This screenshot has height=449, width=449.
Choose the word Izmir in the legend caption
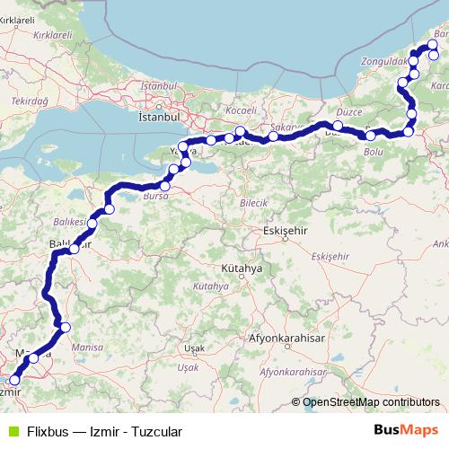(105, 432)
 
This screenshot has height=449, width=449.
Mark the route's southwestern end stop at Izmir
(13, 381)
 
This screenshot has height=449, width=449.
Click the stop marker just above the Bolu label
(370, 136)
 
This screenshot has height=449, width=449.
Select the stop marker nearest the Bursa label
(164, 186)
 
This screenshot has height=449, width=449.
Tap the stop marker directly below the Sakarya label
(273, 136)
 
